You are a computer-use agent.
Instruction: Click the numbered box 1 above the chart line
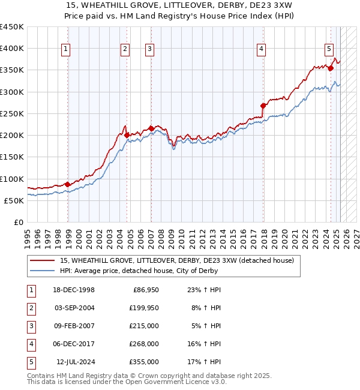click(65, 50)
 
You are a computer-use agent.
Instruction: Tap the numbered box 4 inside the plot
click(262, 50)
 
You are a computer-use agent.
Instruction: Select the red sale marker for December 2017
click(263, 106)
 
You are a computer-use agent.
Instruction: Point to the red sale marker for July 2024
click(331, 68)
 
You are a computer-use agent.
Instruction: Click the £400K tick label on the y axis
click(11, 49)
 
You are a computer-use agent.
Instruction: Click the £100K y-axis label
click(11, 179)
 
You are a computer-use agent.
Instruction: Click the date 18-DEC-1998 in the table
click(74, 290)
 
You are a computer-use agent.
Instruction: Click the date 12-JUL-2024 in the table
click(75, 362)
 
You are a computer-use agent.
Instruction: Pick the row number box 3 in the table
click(31, 326)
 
